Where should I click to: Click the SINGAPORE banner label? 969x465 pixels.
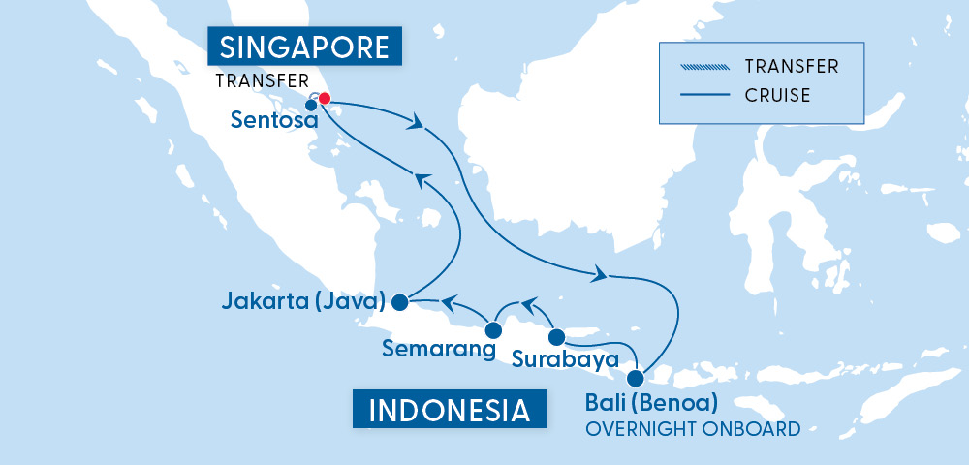(304, 46)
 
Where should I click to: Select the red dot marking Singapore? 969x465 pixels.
(325, 98)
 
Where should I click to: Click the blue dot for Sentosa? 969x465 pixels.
(311, 106)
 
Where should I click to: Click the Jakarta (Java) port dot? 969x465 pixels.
(399, 302)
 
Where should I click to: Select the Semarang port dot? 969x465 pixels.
(492, 329)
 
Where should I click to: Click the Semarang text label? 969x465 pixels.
(432, 347)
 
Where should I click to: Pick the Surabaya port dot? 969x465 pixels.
(556, 338)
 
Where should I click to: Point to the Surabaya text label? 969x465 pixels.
(565, 360)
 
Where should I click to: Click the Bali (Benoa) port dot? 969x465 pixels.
(635, 379)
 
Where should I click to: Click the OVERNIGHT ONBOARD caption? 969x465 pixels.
(692, 427)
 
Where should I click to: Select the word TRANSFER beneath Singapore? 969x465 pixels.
(261, 80)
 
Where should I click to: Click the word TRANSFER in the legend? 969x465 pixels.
(792, 67)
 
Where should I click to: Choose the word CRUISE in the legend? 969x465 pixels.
(778, 95)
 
